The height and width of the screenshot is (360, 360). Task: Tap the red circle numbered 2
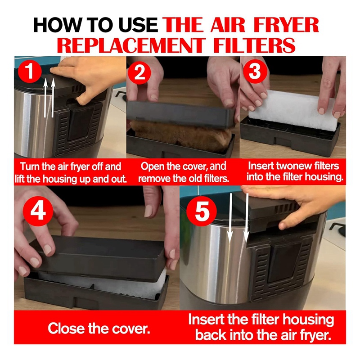click(x=140, y=73)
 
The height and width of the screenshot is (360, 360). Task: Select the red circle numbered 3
click(x=255, y=72)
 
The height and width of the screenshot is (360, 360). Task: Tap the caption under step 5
click(x=261, y=328)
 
